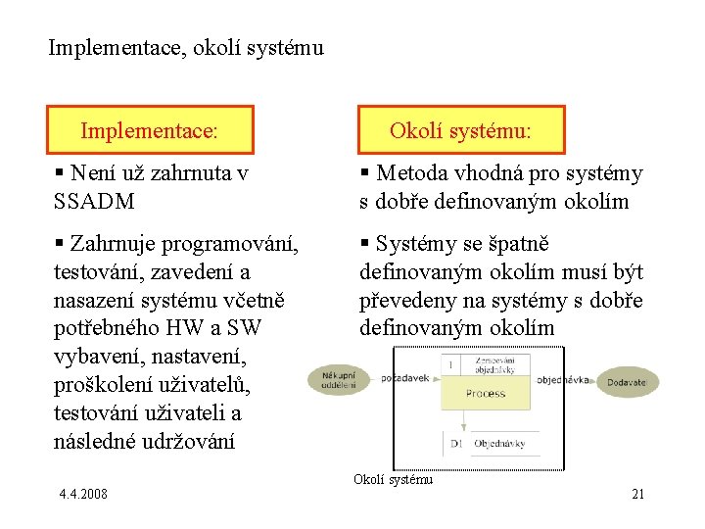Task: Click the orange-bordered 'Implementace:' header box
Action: pyautogui.click(x=151, y=130)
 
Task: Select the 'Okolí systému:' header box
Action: pyautogui.click(x=461, y=130)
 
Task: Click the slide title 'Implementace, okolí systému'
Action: pyautogui.click(x=186, y=46)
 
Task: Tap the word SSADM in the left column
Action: pyautogui.click(x=96, y=202)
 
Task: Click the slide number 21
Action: pyautogui.click(x=637, y=494)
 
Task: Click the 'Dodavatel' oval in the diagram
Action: pyautogui.click(x=628, y=381)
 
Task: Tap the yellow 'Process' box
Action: pyautogui.click(x=486, y=392)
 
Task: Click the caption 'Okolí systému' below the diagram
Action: pyautogui.click(x=393, y=479)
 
